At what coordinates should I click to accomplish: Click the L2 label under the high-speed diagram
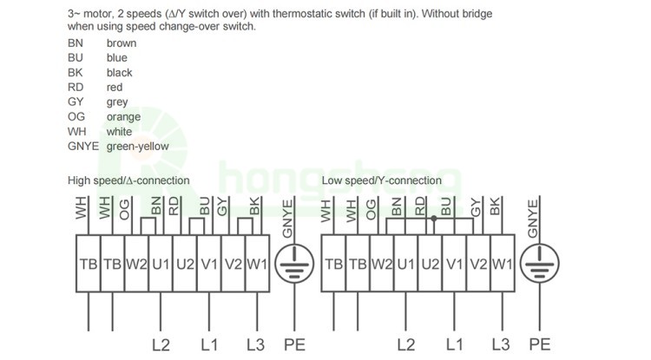coord(161,344)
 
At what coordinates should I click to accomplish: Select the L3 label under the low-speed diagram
coord(500,344)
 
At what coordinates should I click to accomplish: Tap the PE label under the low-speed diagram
coord(540,344)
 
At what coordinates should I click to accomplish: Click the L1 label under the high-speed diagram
coord(208,344)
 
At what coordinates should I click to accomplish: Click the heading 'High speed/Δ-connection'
coord(128,180)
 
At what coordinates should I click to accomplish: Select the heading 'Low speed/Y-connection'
coord(381,180)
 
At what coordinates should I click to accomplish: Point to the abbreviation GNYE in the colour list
coord(83,147)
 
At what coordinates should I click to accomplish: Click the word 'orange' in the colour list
coord(123,117)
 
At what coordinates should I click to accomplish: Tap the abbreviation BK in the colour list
coord(76,73)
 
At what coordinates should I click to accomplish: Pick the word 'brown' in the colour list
coord(122,43)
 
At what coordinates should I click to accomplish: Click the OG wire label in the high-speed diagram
coord(127,207)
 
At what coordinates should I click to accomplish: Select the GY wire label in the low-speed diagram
coord(476,207)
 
